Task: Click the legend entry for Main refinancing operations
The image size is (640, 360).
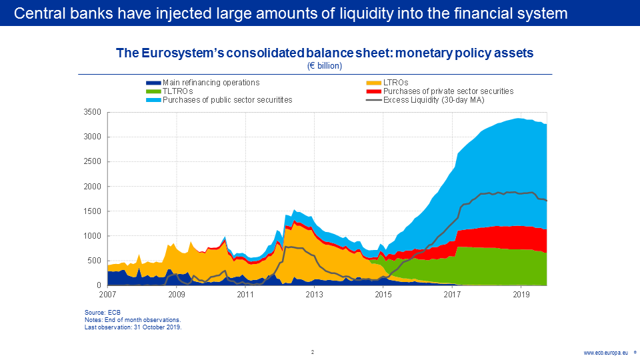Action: [211, 83]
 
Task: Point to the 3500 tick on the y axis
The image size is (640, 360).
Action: [92, 112]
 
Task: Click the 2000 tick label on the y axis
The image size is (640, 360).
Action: [92, 187]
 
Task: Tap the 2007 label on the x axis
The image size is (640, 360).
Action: [107, 294]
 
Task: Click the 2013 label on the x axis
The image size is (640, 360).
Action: [315, 294]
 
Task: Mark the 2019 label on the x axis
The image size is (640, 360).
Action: [521, 294]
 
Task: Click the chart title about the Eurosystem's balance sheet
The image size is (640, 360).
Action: [325, 53]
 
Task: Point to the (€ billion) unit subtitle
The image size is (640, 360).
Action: [325, 65]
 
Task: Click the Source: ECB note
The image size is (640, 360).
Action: [103, 313]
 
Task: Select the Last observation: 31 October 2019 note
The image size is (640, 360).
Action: [133, 327]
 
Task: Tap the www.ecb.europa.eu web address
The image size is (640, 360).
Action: [606, 353]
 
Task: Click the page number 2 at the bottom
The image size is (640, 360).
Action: [312, 351]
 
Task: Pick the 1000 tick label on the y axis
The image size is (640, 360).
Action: [92, 236]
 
